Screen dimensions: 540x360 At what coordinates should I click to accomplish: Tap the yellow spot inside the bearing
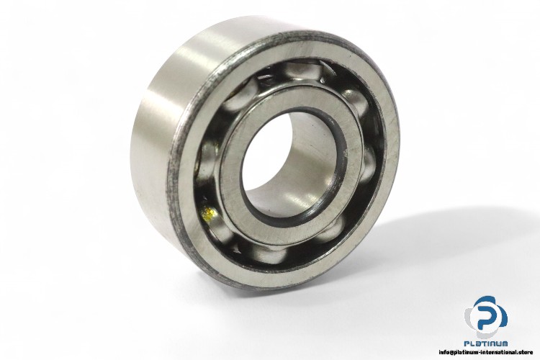(207, 212)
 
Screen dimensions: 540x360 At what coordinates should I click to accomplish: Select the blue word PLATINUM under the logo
(486, 346)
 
